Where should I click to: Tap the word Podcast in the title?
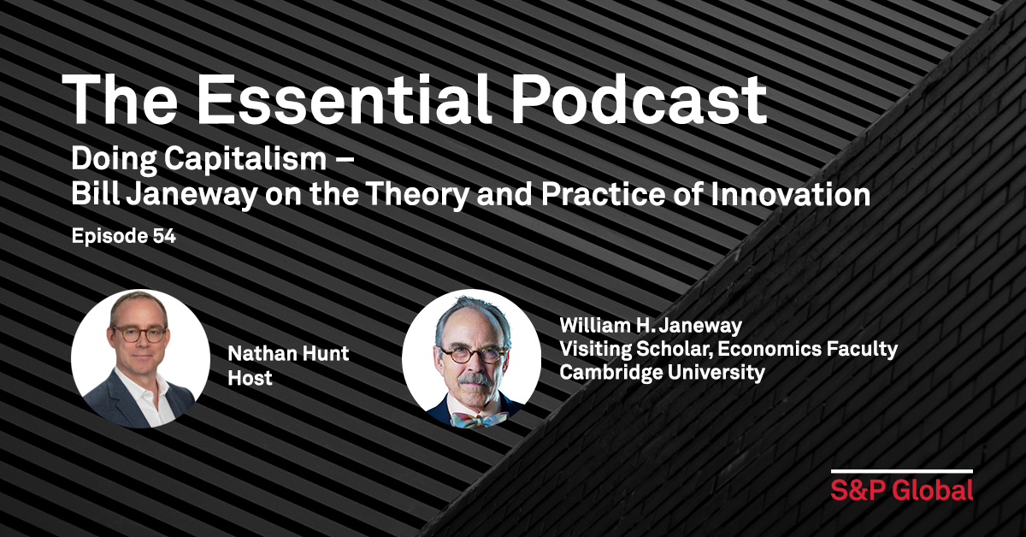point(640,100)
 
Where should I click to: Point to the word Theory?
point(418,196)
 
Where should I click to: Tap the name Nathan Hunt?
point(289,353)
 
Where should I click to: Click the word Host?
point(250,378)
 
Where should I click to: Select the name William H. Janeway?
point(651,325)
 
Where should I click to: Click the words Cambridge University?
point(662,372)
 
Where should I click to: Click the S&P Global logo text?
point(902,490)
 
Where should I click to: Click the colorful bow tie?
point(479,419)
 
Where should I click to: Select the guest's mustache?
point(475,380)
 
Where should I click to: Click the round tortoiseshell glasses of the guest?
point(474,355)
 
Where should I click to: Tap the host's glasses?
point(139,334)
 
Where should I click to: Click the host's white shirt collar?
point(143,389)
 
